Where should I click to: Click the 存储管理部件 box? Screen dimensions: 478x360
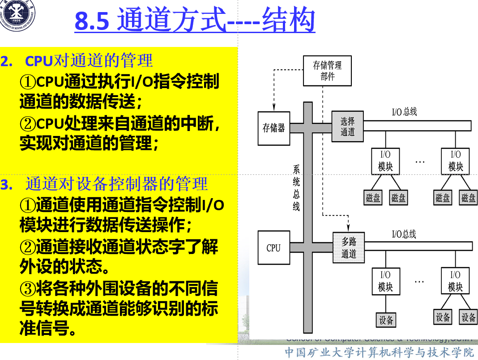[x=327, y=71]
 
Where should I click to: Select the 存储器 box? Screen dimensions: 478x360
[x=273, y=128]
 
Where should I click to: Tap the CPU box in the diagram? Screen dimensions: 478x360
[x=273, y=248]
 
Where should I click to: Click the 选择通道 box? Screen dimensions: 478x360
[x=347, y=127]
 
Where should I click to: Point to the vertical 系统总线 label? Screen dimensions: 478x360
[x=296, y=188]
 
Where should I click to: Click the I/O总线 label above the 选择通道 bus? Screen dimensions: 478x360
[x=404, y=112]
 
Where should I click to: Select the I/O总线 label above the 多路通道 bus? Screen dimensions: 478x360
[x=404, y=234]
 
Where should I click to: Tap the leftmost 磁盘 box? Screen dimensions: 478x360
[x=373, y=198]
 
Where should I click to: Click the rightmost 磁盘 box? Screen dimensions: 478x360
[x=469, y=198]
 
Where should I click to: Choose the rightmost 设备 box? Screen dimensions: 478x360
[x=469, y=317]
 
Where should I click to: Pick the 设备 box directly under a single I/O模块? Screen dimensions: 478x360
[x=386, y=320]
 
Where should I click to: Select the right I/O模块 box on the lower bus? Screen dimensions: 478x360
[x=455, y=281]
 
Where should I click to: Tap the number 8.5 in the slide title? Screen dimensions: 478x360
[x=92, y=21]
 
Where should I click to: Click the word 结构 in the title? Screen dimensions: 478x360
[x=288, y=21]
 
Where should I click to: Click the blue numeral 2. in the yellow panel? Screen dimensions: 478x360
[x=7, y=61]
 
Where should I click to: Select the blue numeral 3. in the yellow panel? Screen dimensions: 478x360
[x=7, y=185]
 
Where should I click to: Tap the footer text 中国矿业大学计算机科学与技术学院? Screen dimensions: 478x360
[x=379, y=352]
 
